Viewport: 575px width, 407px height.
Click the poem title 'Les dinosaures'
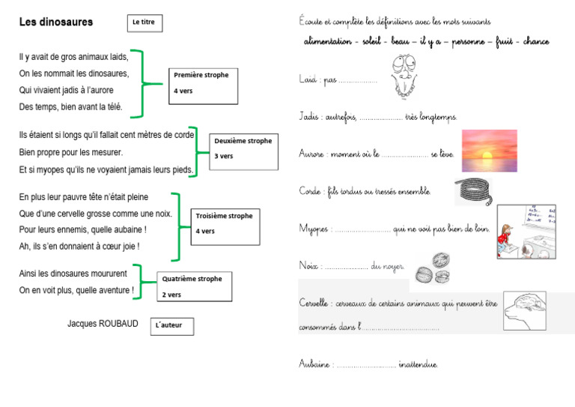pos(56,22)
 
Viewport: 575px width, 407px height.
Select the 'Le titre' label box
pos(144,23)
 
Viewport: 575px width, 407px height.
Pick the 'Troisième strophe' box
pos(225,223)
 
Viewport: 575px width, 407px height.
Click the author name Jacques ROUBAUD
pos(103,324)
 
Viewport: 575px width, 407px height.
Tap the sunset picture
pos(489,151)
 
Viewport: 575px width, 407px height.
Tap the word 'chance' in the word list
pos(535,42)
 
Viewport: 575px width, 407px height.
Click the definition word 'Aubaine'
pos(314,364)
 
